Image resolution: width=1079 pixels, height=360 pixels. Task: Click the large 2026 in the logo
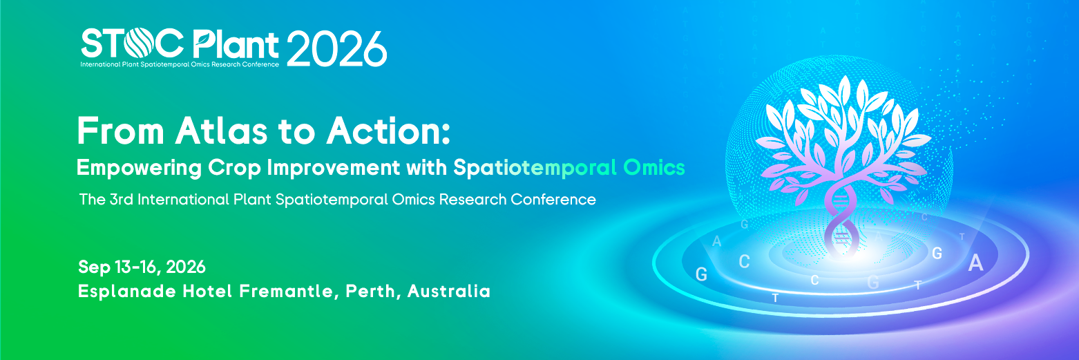point(336,48)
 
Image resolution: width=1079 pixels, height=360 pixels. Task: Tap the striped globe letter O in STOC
point(138,43)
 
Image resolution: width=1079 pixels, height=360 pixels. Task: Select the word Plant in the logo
point(236,44)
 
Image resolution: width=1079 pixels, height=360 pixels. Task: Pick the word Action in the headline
point(388,131)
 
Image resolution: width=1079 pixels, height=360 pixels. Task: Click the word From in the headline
point(121,131)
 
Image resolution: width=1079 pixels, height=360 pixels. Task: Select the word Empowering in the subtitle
point(140,168)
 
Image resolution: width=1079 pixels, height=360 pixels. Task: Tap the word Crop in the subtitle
point(235,168)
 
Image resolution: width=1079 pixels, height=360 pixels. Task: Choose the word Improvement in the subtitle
point(334,168)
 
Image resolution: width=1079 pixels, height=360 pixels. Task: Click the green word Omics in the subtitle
point(653,168)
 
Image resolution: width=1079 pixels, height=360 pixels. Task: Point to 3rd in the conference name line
point(122,200)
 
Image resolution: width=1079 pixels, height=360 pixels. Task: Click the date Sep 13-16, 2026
point(142,267)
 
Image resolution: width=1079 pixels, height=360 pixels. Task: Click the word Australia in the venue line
point(449,292)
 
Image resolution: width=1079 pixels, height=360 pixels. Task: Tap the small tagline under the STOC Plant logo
point(180,64)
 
